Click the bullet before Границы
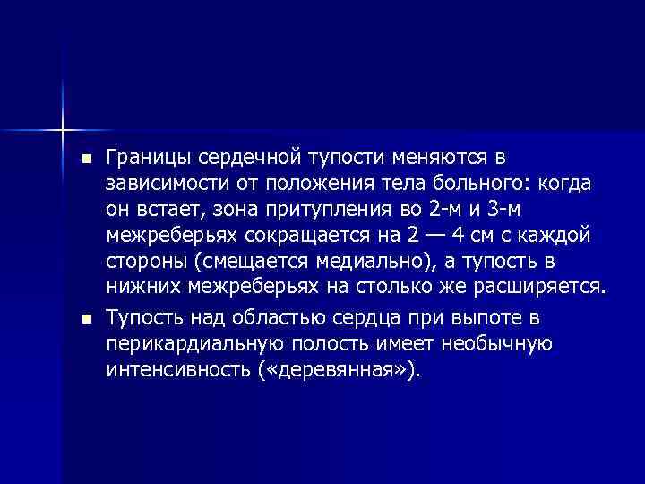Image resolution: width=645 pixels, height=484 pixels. [86, 160]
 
